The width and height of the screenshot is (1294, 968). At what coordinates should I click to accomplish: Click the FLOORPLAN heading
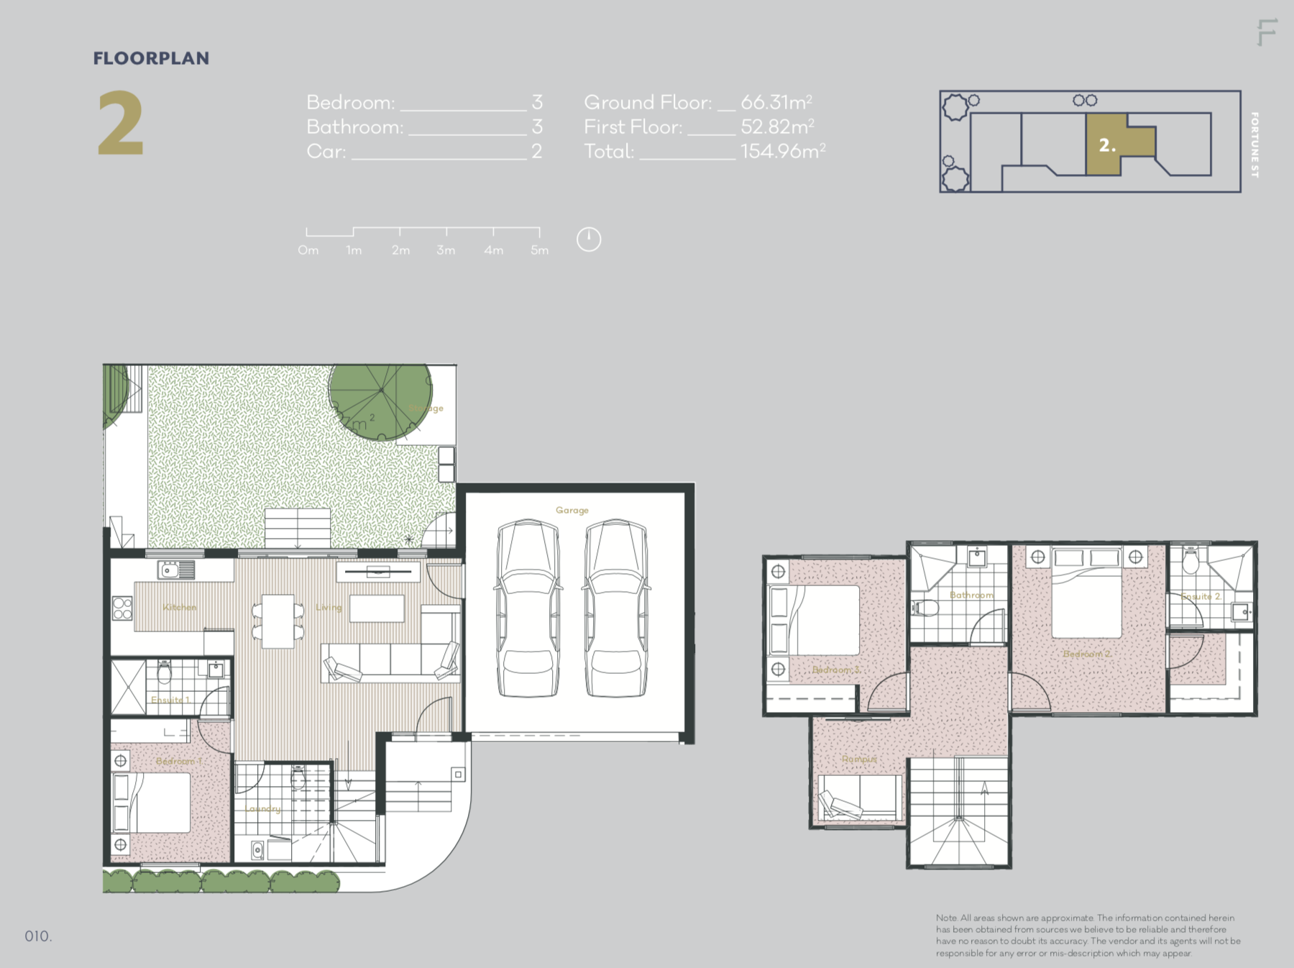pos(151,58)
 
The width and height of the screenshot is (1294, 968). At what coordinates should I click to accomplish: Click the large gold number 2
pos(121,124)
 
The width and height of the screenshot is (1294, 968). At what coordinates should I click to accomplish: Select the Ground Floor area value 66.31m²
pos(776,102)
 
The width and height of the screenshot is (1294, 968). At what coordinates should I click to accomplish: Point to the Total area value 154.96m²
pos(782,151)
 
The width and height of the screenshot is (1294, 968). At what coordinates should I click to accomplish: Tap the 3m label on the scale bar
pos(446,250)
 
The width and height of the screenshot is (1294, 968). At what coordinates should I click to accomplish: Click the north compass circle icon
pos(589,239)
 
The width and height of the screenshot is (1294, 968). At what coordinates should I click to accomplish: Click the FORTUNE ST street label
pos(1254,145)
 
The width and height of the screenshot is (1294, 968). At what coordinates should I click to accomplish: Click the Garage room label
pos(572,510)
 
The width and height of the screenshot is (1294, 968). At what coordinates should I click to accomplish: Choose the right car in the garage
pos(615,608)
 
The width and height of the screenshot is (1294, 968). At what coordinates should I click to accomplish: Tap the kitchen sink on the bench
pos(176,570)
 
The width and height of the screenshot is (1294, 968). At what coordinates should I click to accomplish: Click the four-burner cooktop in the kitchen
pos(122,608)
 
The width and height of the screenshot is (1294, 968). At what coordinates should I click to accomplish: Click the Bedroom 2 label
pos(1088,654)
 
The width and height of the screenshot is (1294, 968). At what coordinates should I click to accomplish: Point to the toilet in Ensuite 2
pos(1190,562)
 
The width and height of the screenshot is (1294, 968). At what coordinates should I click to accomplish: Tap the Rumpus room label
pos(859,759)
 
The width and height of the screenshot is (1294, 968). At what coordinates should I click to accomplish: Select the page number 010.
pos(38,936)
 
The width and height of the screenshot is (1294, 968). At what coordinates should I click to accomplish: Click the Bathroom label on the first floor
pos(971,595)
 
